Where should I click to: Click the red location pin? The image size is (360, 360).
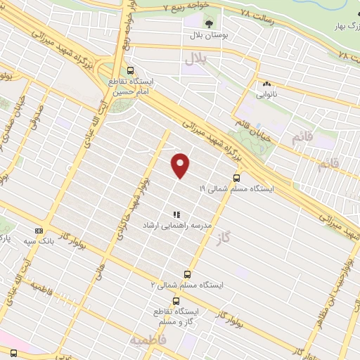click(x=181, y=165)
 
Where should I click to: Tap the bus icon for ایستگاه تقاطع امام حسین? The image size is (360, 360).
click(x=131, y=70)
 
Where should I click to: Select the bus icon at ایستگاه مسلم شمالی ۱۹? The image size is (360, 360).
click(x=236, y=178)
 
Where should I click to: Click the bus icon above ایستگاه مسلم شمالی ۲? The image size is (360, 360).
click(x=187, y=274)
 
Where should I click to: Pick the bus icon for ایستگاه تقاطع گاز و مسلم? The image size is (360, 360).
click(x=175, y=300)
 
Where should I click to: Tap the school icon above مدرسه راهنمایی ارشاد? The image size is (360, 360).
click(x=176, y=214)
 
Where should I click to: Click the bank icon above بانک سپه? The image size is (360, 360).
click(x=39, y=230)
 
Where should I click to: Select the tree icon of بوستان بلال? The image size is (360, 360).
click(x=208, y=23)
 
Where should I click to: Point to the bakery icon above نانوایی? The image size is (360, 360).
click(x=266, y=84)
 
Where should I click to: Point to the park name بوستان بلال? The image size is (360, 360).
click(x=205, y=34)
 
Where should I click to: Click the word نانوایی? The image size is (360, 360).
click(x=266, y=94)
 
